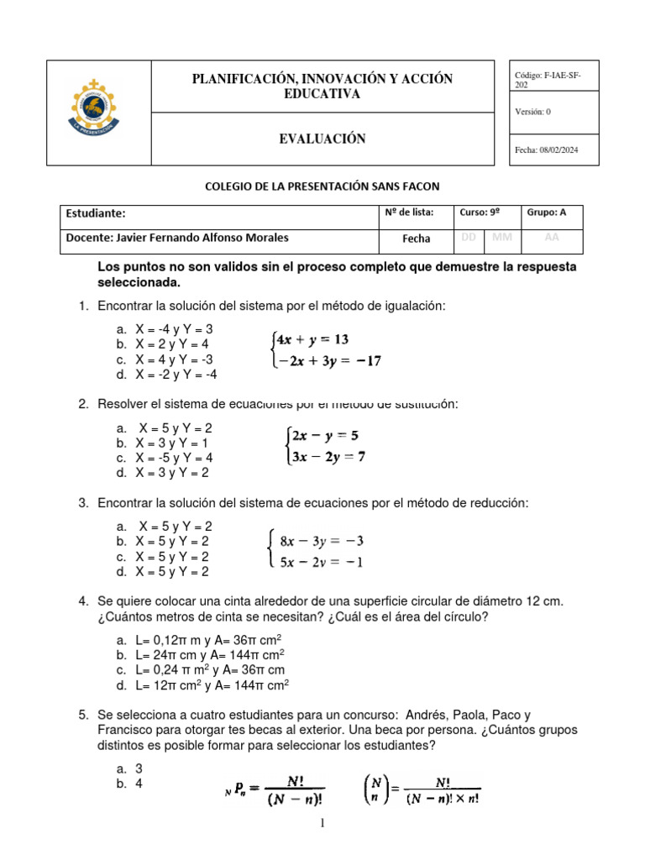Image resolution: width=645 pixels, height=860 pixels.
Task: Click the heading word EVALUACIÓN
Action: (x=322, y=139)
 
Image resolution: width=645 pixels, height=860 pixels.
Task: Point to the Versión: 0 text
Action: (x=533, y=112)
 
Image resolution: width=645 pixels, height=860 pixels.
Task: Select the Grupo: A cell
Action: (x=547, y=213)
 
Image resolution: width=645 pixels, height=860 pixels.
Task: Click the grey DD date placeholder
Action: (x=469, y=238)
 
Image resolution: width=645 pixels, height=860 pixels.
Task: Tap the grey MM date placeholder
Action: (x=502, y=238)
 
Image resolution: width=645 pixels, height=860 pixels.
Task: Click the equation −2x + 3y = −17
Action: (x=323, y=362)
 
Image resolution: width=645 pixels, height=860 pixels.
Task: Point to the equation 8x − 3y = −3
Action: (x=322, y=540)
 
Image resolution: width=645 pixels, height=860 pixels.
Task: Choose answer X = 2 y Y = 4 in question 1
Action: (x=171, y=344)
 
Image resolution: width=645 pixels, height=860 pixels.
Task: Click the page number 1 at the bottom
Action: (x=322, y=825)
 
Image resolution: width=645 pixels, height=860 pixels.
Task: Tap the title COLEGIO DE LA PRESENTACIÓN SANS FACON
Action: (x=322, y=186)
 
